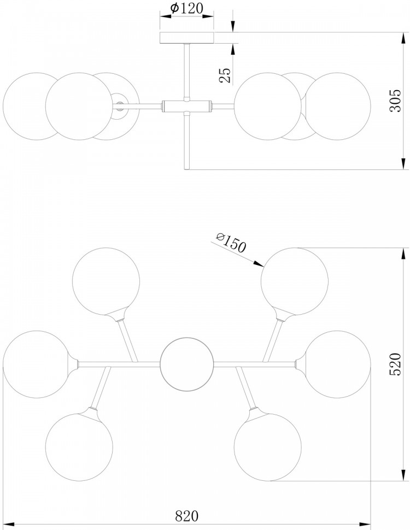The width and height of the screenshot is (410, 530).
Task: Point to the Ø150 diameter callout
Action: point(231,243)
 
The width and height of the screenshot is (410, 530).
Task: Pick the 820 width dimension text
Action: point(186,516)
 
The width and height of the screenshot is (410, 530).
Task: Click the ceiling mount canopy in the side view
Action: point(187,38)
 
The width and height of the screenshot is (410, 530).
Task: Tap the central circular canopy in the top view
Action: point(186,364)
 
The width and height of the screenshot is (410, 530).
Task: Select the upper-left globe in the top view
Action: point(106,281)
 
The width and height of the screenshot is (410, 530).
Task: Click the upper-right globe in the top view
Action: point(295,281)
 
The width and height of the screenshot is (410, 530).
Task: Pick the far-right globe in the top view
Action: point(338,364)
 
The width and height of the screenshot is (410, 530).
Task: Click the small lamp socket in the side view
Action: point(119,105)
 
